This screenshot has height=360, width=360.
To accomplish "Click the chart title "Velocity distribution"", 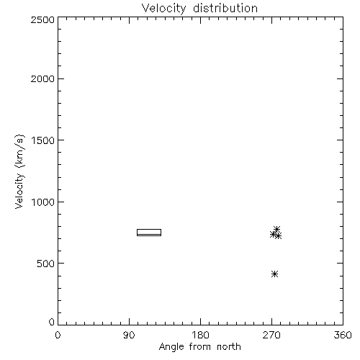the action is (x=199, y=9).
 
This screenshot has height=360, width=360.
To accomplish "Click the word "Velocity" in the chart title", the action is (x=164, y=9).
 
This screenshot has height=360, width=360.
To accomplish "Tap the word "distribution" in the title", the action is (x=225, y=8).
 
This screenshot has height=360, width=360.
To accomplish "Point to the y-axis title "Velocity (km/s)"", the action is (x=19, y=171).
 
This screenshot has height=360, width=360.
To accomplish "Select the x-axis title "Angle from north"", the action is (x=199, y=347).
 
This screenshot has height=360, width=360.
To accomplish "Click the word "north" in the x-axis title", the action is (x=229, y=346).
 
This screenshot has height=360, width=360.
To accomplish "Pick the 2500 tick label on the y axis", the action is (x=42, y=19).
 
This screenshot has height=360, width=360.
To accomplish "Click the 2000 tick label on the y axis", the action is (x=42, y=78).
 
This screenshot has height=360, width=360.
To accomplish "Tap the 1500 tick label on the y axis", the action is (x=43, y=140).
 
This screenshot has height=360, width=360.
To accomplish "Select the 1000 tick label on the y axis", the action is (x=43, y=202).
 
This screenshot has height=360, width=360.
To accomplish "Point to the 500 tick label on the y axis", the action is (x=46, y=264).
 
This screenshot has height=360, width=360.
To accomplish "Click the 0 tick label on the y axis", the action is (x=52, y=322).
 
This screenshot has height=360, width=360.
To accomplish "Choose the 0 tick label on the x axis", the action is (x=58, y=335).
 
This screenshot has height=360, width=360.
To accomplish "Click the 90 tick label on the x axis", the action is (x=129, y=335).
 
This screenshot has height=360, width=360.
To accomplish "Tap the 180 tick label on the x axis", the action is (x=200, y=335).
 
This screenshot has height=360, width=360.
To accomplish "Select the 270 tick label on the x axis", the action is (x=271, y=335).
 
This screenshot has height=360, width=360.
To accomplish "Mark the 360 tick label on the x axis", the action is (x=343, y=335).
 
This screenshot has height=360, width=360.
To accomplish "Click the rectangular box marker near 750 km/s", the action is (x=149, y=230).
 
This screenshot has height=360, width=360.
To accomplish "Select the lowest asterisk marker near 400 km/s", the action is (x=275, y=274).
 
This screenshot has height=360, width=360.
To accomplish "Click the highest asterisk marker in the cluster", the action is (x=277, y=229).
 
